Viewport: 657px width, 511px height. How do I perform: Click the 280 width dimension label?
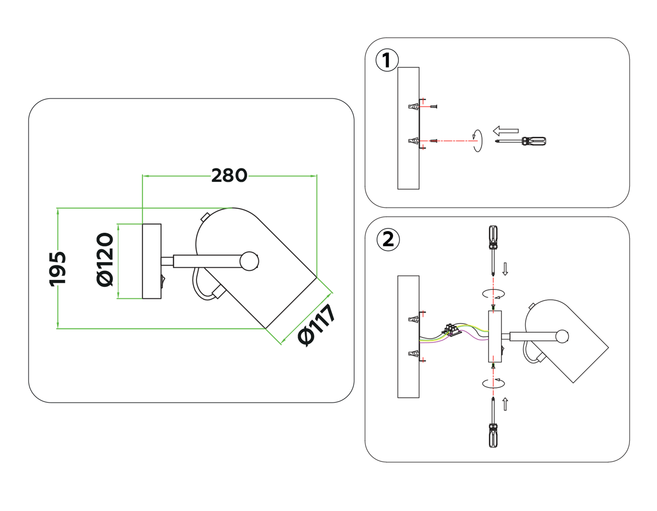[x=229, y=176]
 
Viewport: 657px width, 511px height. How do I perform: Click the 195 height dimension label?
[x=58, y=269]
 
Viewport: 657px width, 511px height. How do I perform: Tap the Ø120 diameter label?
[x=105, y=260]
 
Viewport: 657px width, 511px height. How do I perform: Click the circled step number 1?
[x=387, y=60]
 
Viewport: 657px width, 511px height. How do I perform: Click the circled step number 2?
[x=388, y=240]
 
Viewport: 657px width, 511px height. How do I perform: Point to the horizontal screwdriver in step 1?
[x=521, y=141]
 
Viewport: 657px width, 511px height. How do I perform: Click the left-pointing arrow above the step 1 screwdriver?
[x=506, y=131]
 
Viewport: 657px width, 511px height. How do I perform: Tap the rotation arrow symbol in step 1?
[x=477, y=141]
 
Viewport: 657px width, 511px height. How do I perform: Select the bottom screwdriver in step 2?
[x=493, y=423]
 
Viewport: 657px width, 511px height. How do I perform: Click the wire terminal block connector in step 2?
[x=451, y=329]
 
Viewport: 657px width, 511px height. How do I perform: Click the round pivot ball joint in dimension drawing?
[x=249, y=261]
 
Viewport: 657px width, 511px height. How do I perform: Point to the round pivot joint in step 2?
[x=562, y=336]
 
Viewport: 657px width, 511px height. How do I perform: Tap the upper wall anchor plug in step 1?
[x=414, y=107]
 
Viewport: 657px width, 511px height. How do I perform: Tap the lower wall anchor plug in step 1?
[x=414, y=141]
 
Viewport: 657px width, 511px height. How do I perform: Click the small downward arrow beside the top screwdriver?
[x=505, y=269]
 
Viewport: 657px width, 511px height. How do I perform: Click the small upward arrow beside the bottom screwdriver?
[x=505, y=404]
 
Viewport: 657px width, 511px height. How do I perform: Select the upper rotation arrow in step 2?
[x=493, y=293]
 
